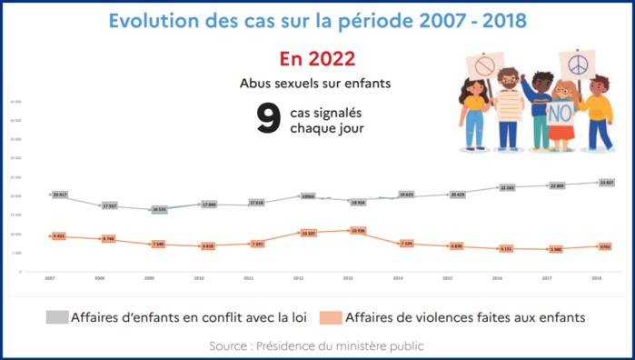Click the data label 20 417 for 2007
pos(61,195)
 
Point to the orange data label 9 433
pos(61,236)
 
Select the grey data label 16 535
pos(159,209)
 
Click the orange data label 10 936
pos(357,231)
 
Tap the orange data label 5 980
pos(555,249)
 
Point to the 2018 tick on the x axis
pos(597,277)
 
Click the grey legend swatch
pos(57,316)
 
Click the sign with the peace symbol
pos(575,66)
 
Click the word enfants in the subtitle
pos(366,84)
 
